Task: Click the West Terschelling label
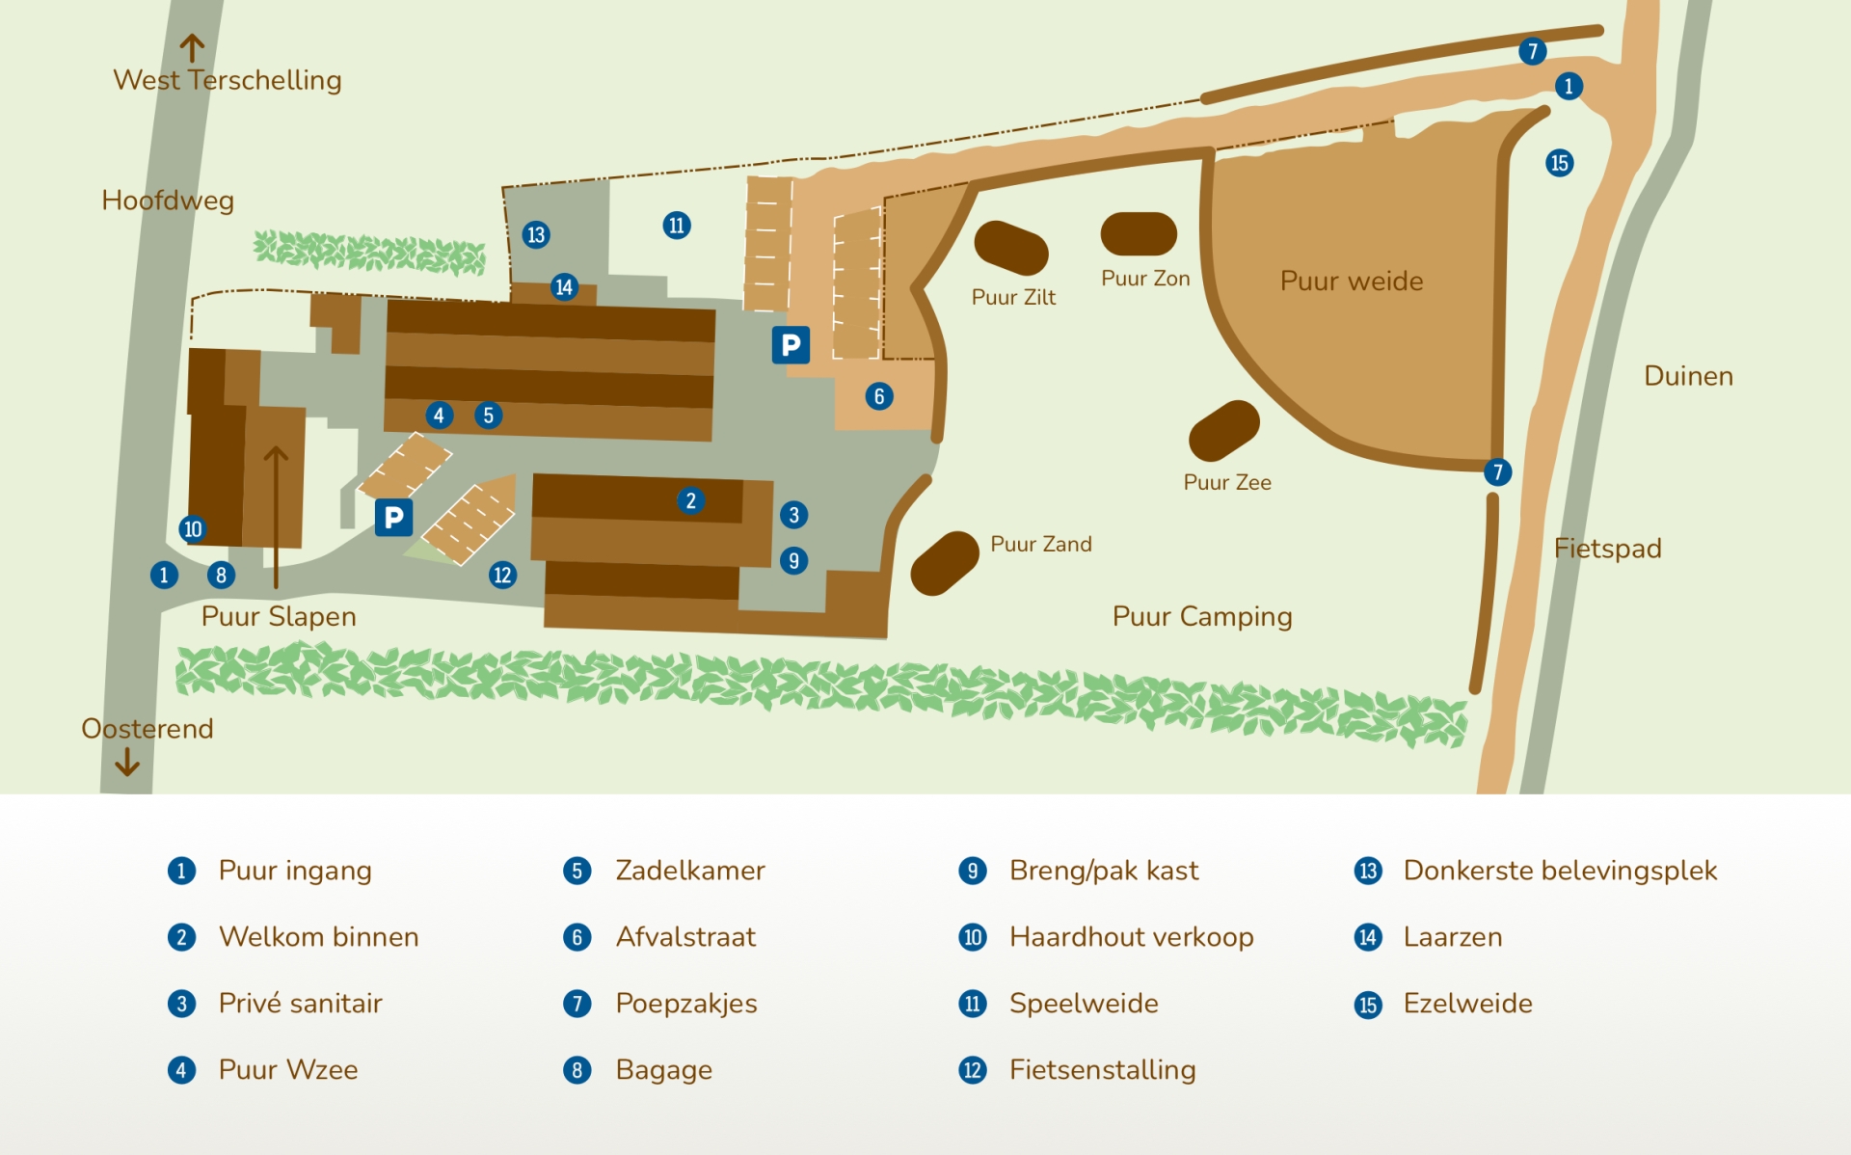pyautogui.click(x=228, y=80)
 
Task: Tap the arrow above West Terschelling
pyautogui.click(x=192, y=48)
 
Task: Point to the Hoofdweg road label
pyautogui.click(x=168, y=201)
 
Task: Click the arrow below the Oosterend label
pyautogui.click(x=127, y=763)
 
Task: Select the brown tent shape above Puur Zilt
pyautogui.click(x=1011, y=248)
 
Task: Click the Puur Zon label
pyautogui.click(x=1145, y=279)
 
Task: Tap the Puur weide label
pyautogui.click(x=1352, y=282)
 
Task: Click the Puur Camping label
pyautogui.click(x=1202, y=617)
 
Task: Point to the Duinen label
pyautogui.click(x=1688, y=376)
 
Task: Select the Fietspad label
pyautogui.click(x=1608, y=549)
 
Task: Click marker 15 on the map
pyautogui.click(x=1560, y=163)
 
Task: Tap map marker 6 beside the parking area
pyautogui.click(x=879, y=396)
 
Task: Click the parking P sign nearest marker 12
pyautogui.click(x=393, y=518)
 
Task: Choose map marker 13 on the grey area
pyautogui.click(x=536, y=234)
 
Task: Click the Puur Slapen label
pyautogui.click(x=279, y=617)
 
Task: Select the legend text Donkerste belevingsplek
pyautogui.click(x=1560, y=871)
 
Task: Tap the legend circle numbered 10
pyautogui.click(x=973, y=937)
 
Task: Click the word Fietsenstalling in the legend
pyautogui.click(x=1103, y=1070)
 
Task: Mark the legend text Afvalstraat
pyautogui.click(x=685, y=937)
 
